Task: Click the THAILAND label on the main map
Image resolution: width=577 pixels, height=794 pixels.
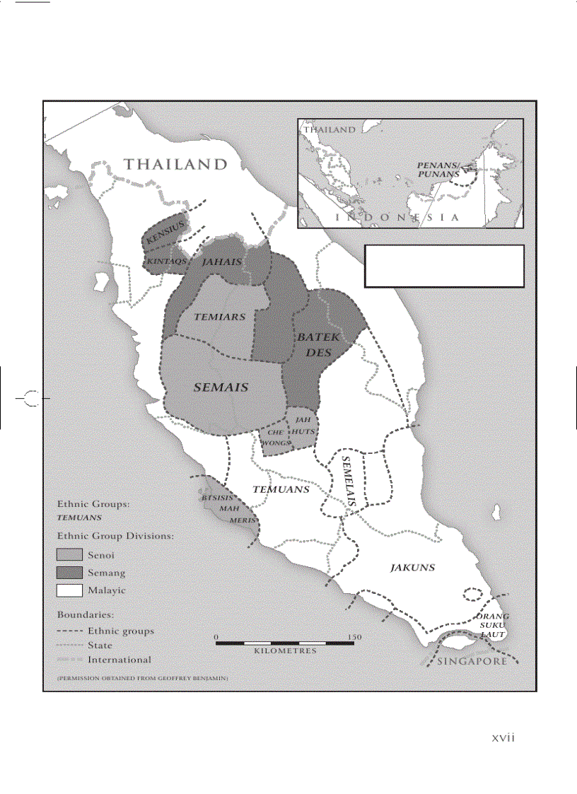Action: point(176,165)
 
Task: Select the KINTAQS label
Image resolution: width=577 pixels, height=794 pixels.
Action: point(166,261)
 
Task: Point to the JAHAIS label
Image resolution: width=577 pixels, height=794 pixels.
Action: point(222,262)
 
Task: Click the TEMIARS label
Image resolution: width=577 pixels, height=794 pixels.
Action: point(219,317)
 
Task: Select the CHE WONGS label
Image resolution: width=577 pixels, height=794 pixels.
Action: point(276,437)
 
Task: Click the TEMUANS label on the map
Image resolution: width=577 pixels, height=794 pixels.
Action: point(281,489)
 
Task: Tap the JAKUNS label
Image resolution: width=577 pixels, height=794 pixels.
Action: point(412,567)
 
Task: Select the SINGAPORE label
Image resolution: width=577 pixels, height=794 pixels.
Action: point(472,662)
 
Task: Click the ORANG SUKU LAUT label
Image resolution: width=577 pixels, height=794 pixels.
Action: point(492,625)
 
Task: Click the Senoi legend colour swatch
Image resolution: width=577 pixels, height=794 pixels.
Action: point(70,555)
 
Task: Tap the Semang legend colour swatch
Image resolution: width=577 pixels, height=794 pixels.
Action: point(70,573)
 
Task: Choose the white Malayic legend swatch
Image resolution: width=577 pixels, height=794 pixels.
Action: point(70,590)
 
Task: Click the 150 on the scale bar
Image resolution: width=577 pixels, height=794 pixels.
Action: point(354,637)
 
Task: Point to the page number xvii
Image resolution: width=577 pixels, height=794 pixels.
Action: point(503,737)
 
